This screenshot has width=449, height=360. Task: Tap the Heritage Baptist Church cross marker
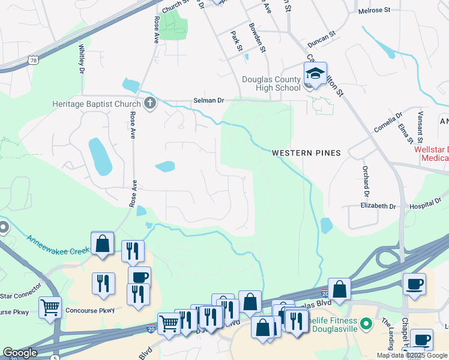point(150,104)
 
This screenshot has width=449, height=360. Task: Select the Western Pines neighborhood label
point(306,153)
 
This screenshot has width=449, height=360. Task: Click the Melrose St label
point(373,11)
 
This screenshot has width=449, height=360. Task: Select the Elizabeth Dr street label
point(378,206)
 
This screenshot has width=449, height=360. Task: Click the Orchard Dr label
point(364,180)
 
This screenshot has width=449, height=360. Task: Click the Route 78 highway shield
point(33,60)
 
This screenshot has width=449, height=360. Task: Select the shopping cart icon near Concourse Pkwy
point(50,308)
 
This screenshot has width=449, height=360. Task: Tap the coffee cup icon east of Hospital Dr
point(414,284)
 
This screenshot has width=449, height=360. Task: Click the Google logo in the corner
point(20,353)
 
